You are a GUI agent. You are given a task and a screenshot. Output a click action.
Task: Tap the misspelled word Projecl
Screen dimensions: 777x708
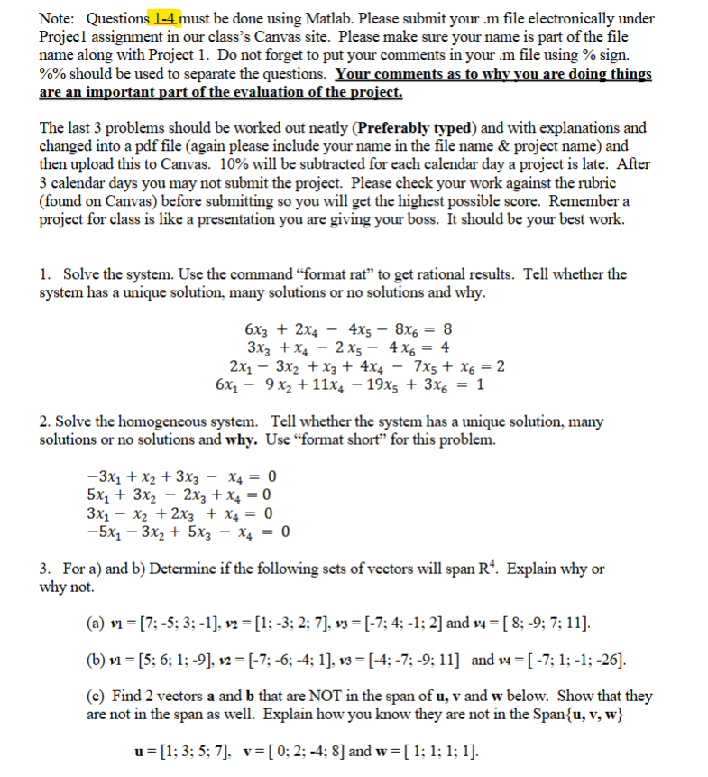coord(66,37)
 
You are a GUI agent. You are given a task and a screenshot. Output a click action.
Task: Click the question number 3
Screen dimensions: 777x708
coord(44,569)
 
